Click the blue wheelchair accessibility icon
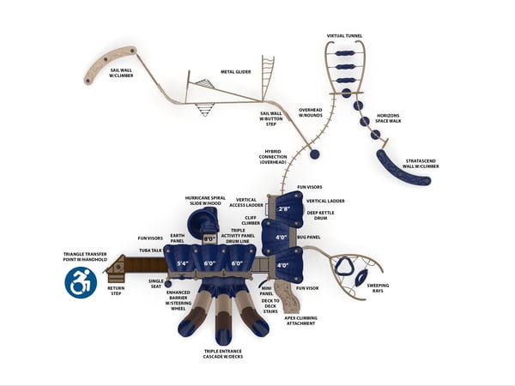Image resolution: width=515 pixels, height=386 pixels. point(81,281)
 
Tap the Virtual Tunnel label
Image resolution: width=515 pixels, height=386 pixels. point(344,36)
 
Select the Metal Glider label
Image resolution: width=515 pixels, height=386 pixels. point(235,72)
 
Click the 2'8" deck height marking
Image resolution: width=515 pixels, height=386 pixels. point(284,208)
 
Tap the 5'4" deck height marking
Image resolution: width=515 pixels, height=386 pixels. point(182,263)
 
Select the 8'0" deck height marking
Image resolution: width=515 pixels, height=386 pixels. point(209,239)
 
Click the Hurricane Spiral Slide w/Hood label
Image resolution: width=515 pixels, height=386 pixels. point(205,200)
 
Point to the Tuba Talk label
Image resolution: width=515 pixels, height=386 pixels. point(151,250)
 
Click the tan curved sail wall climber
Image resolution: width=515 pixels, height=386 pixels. point(108,64)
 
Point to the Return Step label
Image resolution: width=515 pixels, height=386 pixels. point(116,292)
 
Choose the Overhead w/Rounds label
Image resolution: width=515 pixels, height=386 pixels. point(311,112)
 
